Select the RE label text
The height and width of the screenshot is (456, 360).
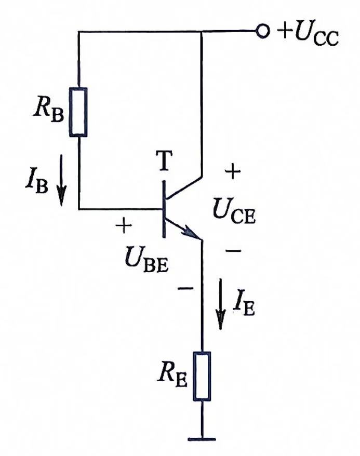point(172,377)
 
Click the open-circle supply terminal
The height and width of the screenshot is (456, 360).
point(262,31)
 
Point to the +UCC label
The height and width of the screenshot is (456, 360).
point(308,35)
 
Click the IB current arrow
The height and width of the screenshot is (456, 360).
point(61,180)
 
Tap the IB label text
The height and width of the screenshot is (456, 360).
point(37,183)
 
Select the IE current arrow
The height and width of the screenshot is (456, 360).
point(221,304)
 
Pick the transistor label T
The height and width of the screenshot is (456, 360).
point(164,160)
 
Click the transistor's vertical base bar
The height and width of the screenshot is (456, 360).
point(164,209)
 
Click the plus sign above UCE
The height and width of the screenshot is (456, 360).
point(233,172)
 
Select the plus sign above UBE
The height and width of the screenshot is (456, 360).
point(124,225)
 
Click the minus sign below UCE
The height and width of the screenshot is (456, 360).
point(233,250)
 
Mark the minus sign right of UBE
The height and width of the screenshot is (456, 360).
point(185,288)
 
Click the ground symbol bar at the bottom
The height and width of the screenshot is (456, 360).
point(202,438)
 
